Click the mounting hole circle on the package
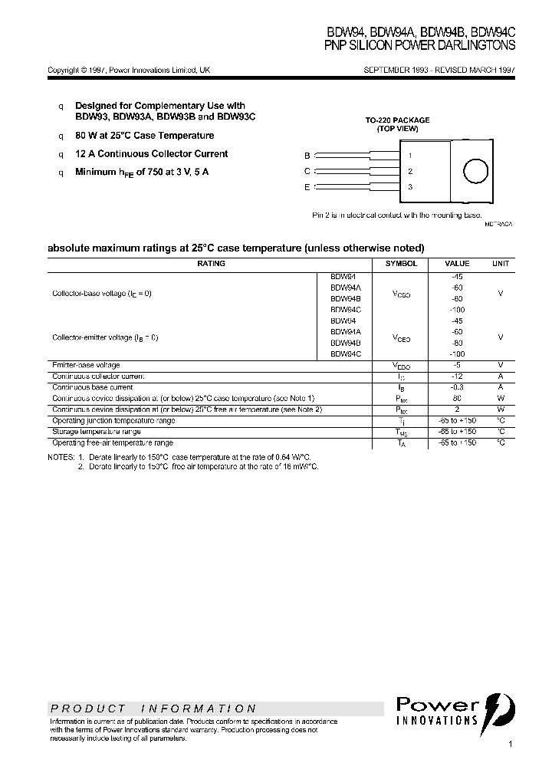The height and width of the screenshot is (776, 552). pos(476,171)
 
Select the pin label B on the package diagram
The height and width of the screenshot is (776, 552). pos(307,155)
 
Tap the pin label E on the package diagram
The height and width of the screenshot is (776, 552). pos(307,187)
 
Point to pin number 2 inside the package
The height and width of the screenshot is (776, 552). pos(410,172)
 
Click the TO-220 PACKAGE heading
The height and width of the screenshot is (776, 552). pos(397,120)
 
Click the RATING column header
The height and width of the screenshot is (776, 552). pos(211,263)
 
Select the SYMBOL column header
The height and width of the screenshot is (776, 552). pos(401,263)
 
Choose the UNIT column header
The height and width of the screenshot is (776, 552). pos(501,263)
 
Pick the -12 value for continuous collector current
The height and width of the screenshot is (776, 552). pos(458,376)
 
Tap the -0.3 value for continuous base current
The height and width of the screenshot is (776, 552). pos(458,387)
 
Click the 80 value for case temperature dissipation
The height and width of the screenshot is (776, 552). pos(458,399)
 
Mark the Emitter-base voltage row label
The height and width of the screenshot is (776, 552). pos(86,365)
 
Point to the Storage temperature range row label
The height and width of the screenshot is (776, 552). pos(96,432)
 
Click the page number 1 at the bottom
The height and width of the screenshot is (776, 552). pos(510,745)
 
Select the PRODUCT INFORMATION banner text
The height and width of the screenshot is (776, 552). pos(153,709)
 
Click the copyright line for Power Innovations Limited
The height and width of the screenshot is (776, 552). pos(129,70)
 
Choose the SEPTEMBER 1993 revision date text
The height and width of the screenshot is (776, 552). pos(438,70)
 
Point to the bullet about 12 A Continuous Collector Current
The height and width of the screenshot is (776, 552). pos(151,154)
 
